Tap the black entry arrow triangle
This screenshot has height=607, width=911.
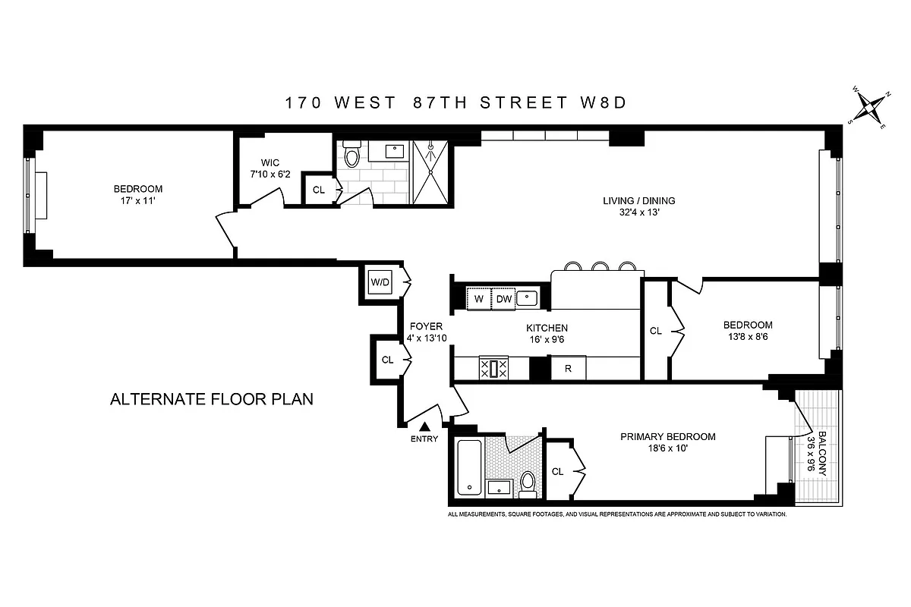tap(424, 428)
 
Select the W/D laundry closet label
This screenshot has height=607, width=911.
tap(380, 282)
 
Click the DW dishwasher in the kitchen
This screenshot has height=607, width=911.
tap(504, 299)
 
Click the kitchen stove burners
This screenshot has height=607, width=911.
tap(493, 369)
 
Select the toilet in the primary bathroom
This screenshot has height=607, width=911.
tap(528, 482)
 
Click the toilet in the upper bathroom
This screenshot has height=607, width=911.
tap(351, 156)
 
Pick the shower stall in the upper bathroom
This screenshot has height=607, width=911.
tap(432, 172)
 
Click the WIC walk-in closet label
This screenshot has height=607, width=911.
tap(270, 162)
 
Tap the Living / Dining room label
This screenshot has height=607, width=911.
tap(638, 201)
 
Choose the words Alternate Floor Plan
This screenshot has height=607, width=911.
tap(212, 399)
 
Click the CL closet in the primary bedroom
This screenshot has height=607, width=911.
tap(558, 471)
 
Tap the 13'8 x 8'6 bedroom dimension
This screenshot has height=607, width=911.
tap(748, 337)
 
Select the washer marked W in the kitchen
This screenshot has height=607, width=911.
tap(478, 299)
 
